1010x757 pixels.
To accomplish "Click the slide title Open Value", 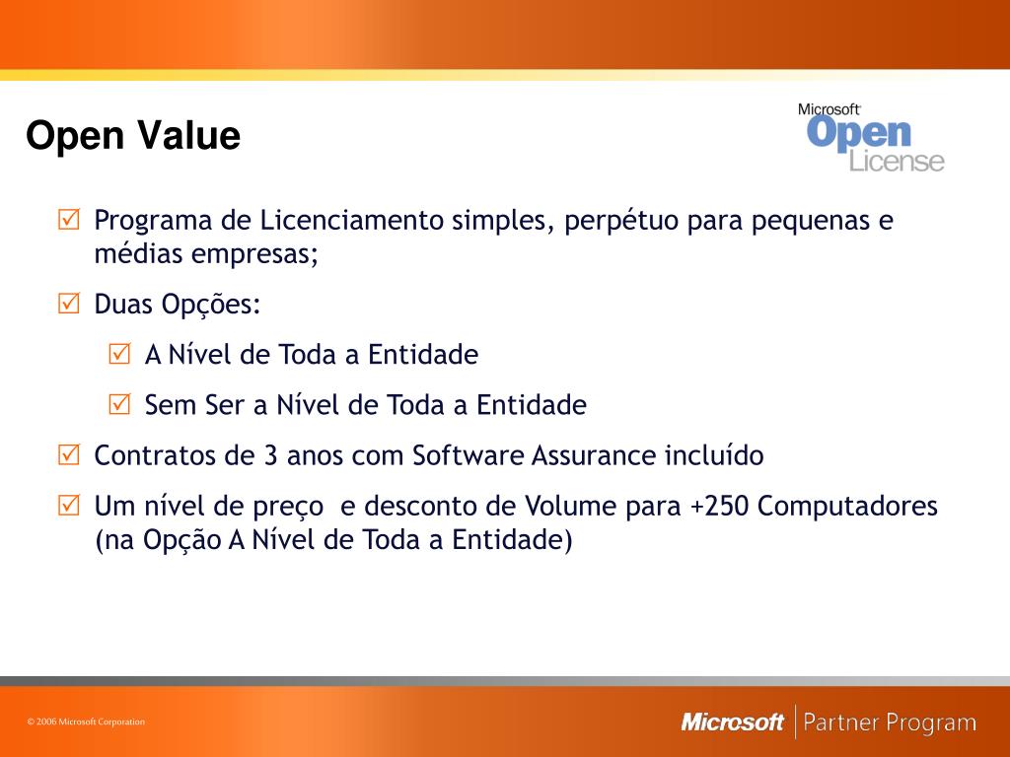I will click(x=133, y=136).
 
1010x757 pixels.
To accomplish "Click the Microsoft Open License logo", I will click(x=871, y=137).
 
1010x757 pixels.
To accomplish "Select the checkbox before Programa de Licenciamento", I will click(x=69, y=220).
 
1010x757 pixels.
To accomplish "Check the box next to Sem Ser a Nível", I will click(x=119, y=404).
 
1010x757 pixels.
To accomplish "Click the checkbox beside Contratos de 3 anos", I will click(x=69, y=455).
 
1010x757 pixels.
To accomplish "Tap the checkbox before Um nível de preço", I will click(x=69, y=507).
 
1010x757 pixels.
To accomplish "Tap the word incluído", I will click(x=713, y=455).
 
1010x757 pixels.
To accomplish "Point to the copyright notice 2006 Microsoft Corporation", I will click(x=86, y=722).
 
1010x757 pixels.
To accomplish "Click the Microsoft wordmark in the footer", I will click(x=732, y=723).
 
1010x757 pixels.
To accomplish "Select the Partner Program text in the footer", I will click(x=890, y=723).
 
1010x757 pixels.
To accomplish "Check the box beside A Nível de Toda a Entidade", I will click(x=119, y=354).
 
